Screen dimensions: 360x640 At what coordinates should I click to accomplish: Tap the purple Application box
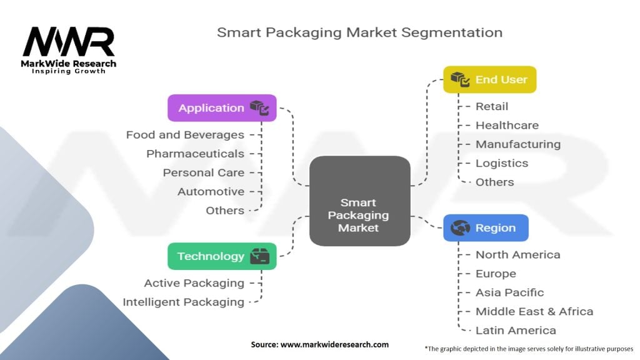(x=222, y=108)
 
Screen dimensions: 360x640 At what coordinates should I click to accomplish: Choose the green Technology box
(x=222, y=256)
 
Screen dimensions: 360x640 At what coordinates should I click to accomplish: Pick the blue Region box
(x=486, y=228)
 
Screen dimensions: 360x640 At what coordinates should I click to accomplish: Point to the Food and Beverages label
(x=185, y=135)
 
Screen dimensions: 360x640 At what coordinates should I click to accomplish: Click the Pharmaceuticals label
(x=195, y=154)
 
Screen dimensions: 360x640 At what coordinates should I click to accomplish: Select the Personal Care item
(x=204, y=172)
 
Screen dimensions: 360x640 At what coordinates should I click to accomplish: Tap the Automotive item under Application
(x=211, y=191)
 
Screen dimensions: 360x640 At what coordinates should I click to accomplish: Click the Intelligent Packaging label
(x=183, y=302)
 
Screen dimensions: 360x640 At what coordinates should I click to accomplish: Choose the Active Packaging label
(x=194, y=283)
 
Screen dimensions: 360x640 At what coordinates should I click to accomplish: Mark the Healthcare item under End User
(x=507, y=126)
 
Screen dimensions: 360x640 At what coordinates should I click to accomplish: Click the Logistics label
(x=502, y=163)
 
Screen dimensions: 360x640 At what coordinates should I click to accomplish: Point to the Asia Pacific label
(x=509, y=292)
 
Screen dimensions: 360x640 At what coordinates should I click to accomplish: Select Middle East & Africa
(x=534, y=311)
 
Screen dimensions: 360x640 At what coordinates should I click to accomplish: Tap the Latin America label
(x=516, y=330)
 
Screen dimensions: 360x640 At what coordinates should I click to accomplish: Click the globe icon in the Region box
(x=460, y=228)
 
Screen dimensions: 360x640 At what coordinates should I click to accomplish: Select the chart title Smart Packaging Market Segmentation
(x=359, y=32)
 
